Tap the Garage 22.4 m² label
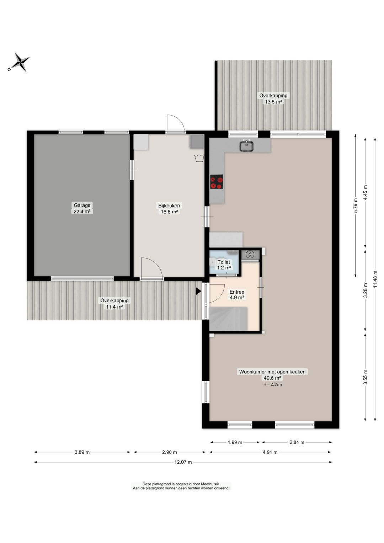[82, 208]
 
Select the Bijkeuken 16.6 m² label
[169, 209]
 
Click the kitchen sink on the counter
[247, 146]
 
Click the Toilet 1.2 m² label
[224, 265]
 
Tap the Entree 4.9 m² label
[237, 295]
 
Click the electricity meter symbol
[250, 255]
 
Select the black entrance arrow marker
[198, 291]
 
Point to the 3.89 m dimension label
[82, 452]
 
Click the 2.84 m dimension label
[297, 442]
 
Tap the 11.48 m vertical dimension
[375, 279]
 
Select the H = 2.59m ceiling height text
[272, 384]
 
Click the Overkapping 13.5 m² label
[273, 99]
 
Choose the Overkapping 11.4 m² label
[114, 303]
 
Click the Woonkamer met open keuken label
[272, 372]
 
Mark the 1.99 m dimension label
[235, 442]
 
